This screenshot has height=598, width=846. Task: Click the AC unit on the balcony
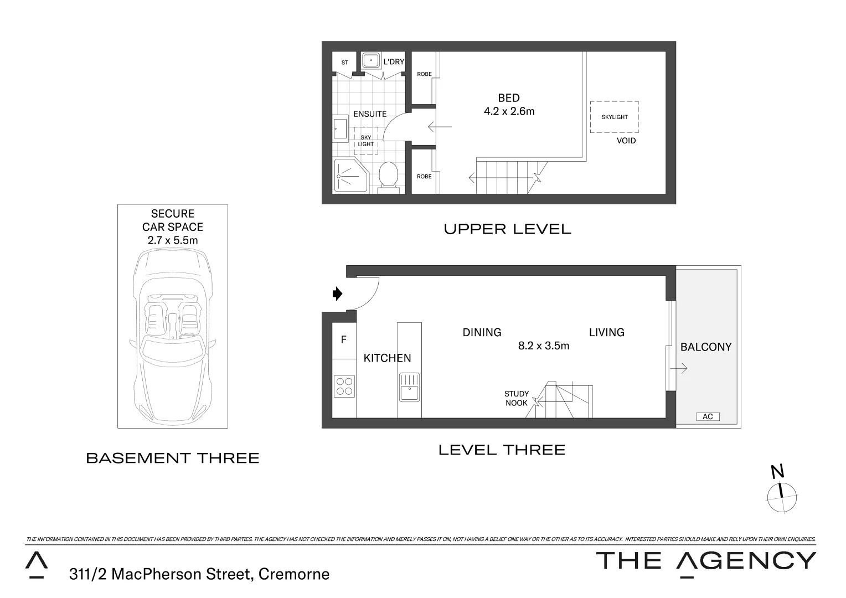[707, 416]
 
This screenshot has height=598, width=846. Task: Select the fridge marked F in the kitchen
[344, 340]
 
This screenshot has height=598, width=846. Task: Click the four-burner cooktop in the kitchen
[344, 386]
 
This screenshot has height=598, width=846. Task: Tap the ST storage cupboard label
[344, 63]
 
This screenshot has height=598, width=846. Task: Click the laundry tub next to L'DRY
[370, 61]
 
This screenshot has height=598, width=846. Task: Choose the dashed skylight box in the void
[614, 117]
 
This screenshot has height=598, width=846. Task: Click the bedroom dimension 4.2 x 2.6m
[509, 111]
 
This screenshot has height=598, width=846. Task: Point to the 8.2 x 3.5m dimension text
[543, 346]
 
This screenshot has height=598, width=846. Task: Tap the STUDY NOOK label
[516, 399]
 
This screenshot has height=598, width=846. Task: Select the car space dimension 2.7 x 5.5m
[172, 240]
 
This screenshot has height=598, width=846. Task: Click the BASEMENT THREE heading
[173, 458]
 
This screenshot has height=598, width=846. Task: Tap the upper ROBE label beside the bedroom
[424, 74]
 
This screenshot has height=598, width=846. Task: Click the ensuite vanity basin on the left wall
[340, 129]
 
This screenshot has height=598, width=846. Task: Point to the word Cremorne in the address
[293, 574]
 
